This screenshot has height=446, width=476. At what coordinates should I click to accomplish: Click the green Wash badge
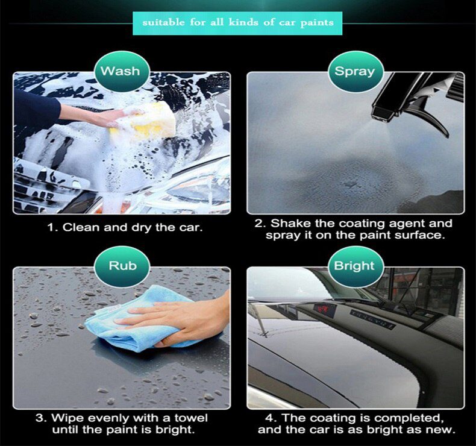pos(120,71)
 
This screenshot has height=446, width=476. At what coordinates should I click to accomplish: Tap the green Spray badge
pos(354,71)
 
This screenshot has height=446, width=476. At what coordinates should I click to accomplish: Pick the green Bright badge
pos(354,266)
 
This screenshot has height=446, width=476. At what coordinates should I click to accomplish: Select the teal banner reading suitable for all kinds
pos(237,23)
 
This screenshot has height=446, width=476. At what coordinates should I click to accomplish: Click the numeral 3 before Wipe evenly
pos(39,418)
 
